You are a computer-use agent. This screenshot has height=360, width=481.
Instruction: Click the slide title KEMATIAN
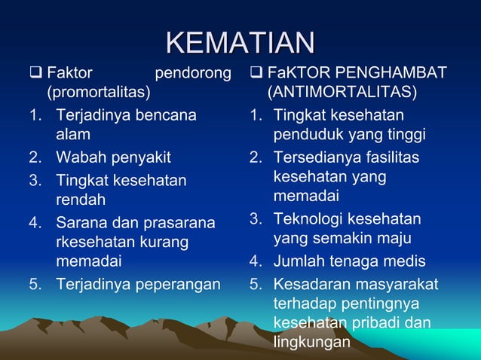(240, 41)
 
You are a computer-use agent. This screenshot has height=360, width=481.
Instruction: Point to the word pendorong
(192, 74)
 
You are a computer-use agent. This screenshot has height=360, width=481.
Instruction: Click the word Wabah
(79, 157)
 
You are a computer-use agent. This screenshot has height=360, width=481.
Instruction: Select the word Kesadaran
(311, 284)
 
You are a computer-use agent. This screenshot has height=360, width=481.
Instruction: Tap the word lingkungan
(312, 341)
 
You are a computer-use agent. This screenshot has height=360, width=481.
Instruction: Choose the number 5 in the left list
(36, 284)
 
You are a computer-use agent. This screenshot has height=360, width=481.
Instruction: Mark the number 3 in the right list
(256, 219)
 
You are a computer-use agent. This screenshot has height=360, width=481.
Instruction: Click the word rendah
(80, 200)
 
